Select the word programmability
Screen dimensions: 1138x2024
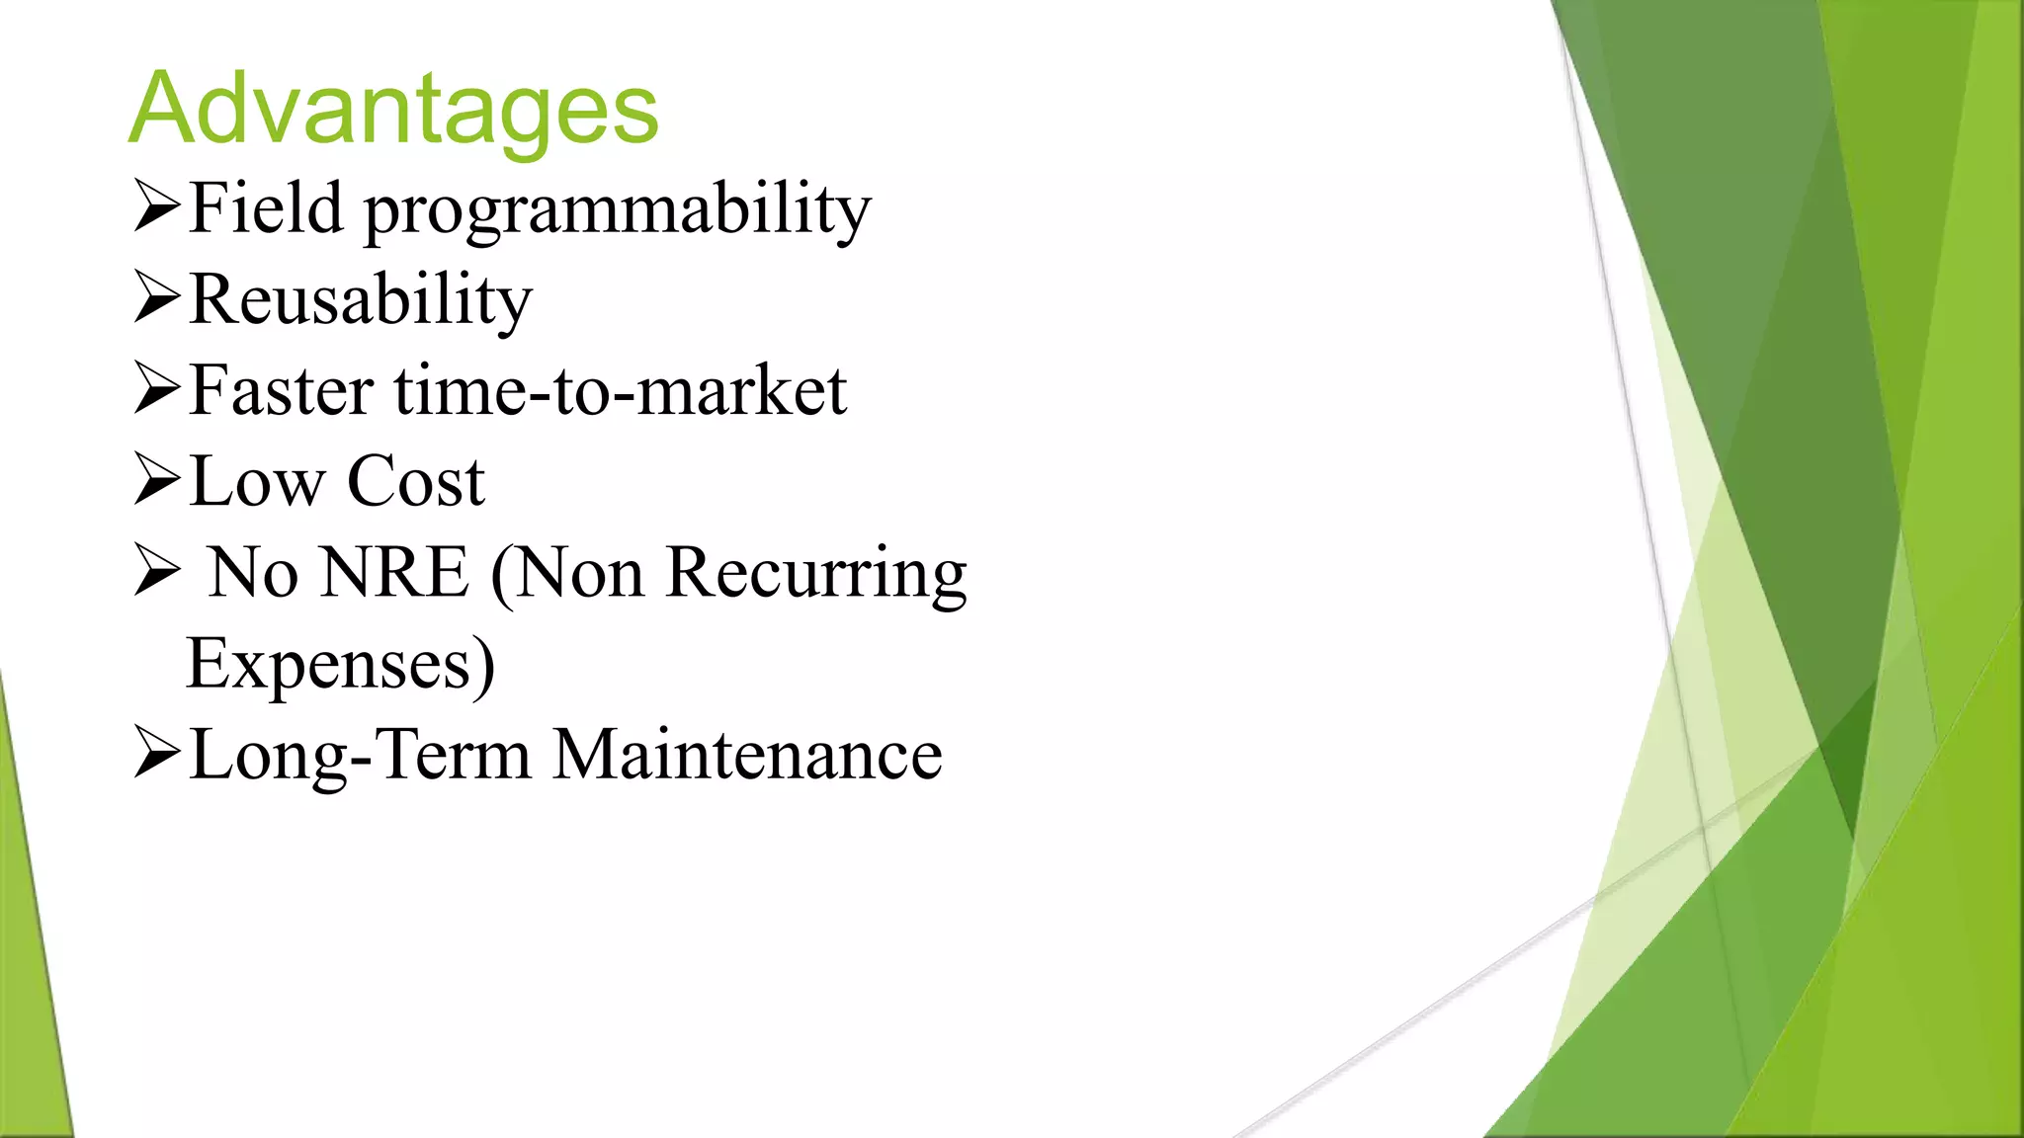point(618,212)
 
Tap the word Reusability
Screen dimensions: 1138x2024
point(360,300)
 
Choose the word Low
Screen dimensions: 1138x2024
point(256,482)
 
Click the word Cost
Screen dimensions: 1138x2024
point(415,482)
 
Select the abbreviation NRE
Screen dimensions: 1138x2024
point(394,573)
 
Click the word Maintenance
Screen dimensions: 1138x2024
point(747,756)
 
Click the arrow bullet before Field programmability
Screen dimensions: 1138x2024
point(157,206)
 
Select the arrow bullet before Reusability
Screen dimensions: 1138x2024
point(157,297)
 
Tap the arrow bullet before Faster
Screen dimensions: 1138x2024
point(157,388)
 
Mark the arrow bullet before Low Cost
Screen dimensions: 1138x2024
point(157,480)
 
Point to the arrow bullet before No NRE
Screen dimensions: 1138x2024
point(157,571)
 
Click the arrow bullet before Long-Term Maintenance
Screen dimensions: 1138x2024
point(157,753)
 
